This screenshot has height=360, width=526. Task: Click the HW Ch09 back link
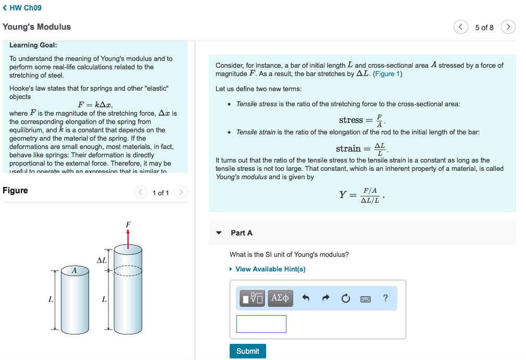pyautogui.click(x=22, y=8)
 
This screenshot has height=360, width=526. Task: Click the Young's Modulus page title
pyautogui.click(x=36, y=27)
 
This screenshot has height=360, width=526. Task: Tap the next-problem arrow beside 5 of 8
pyautogui.click(x=508, y=27)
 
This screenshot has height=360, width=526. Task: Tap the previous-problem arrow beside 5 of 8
pyautogui.click(x=460, y=27)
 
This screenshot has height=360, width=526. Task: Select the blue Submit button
pyautogui.click(x=247, y=351)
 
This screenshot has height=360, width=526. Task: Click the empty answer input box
pyautogui.click(x=261, y=324)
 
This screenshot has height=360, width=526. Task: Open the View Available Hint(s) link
pyautogui.click(x=270, y=269)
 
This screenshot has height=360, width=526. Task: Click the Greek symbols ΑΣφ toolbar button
pyautogui.click(x=280, y=298)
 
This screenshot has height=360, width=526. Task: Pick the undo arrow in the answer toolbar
pyautogui.click(x=306, y=299)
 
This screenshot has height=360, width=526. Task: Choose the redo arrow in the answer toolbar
pyautogui.click(x=326, y=299)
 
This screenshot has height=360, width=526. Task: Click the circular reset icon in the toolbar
pyautogui.click(x=346, y=299)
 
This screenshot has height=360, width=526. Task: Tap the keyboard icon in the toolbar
pyautogui.click(x=366, y=299)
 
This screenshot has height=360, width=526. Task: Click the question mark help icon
pyautogui.click(x=385, y=298)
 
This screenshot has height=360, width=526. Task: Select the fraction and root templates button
pyautogui.click(x=253, y=298)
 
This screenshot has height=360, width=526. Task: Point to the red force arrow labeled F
pyautogui.click(x=128, y=235)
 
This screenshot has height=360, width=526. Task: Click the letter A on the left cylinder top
pyautogui.click(x=74, y=270)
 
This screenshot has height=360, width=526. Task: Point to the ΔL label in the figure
pyautogui.click(x=101, y=259)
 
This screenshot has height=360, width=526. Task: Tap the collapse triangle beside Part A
pyautogui.click(x=219, y=233)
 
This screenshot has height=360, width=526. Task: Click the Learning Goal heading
pyautogui.click(x=33, y=45)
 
